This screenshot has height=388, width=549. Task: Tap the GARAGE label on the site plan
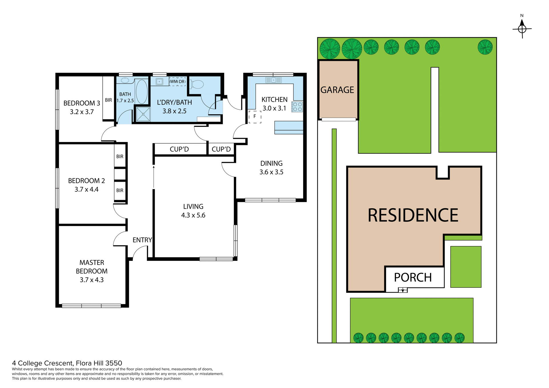point(337,90)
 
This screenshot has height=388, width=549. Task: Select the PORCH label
point(413,277)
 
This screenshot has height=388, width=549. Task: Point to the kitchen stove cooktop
point(297,107)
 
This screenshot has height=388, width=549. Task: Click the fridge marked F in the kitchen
point(255,117)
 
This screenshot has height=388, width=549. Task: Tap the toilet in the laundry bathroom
point(197,84)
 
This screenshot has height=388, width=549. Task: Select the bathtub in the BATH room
point(142,91)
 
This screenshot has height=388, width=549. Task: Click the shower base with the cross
point(143,114)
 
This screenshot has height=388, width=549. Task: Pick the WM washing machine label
point(174,81)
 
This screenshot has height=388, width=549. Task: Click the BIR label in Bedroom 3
point(108,100)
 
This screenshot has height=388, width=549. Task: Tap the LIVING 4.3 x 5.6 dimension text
point(193,215)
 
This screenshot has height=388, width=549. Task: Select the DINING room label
point(271,163)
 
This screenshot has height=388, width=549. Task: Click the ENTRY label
point(142,240)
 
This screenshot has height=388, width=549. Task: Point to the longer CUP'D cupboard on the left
point(179,149)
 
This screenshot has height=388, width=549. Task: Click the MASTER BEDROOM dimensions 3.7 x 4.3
point(91,280)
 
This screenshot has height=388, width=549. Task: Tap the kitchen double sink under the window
point(273,80)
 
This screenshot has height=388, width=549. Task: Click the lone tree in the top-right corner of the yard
point(485,47)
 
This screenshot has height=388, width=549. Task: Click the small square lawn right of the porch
point(466,267)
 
